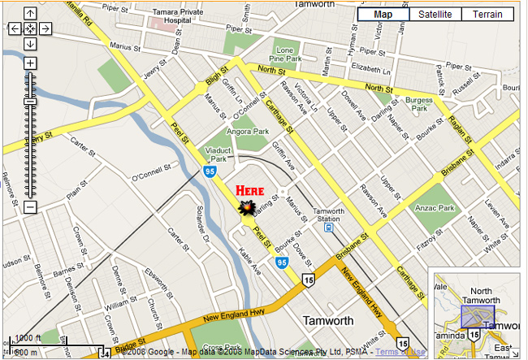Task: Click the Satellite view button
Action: pos(435,15)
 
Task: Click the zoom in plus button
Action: pos(29,63)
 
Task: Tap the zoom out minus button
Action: pos(29,206)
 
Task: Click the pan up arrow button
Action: pos(29,14)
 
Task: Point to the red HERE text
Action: pos(250,191)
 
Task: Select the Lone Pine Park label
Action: pos(286,55)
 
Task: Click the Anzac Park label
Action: pos(459,208)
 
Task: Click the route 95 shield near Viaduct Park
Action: pos(210,171)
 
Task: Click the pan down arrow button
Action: pos(29,43)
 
